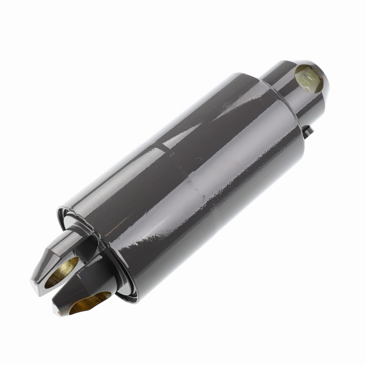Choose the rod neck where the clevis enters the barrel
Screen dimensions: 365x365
click(x=91, y=237)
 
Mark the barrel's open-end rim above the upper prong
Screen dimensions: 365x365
click(x=68, y=215)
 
